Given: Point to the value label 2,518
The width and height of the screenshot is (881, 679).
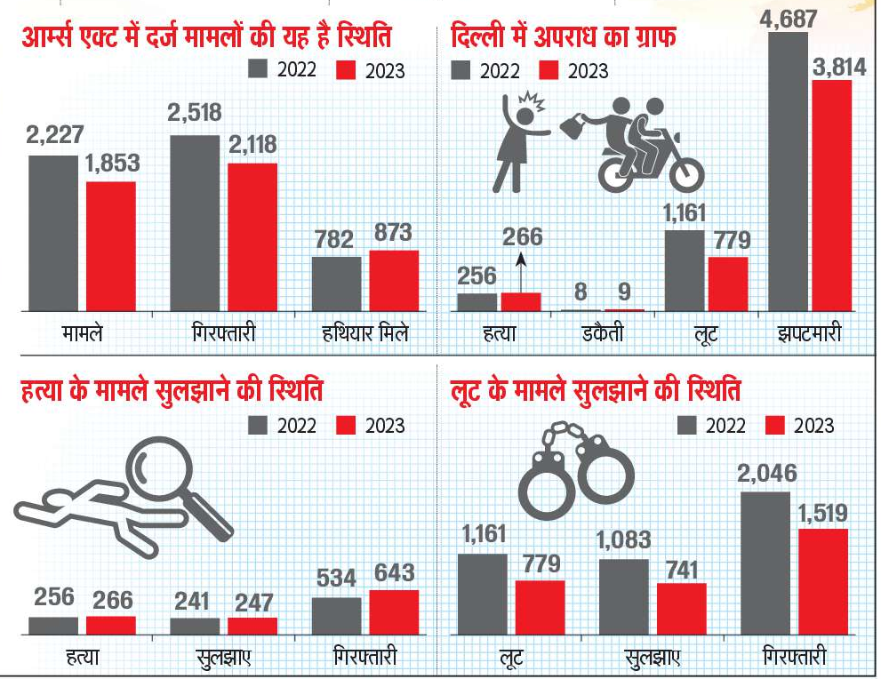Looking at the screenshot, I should click(194, 113).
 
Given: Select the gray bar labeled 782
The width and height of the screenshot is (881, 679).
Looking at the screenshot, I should click(336, 284).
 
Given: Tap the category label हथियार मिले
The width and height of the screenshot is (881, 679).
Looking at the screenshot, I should click(364, 335).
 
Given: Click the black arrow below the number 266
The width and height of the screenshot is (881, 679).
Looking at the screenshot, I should click(521, 271).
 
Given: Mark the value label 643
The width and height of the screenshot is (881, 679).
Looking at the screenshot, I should click(393, 572).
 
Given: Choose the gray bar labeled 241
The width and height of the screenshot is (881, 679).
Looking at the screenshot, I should click(194, 626).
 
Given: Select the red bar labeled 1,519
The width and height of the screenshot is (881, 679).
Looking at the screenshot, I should click(822, 582).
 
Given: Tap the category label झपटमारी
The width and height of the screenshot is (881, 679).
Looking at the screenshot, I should click(810, 335).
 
